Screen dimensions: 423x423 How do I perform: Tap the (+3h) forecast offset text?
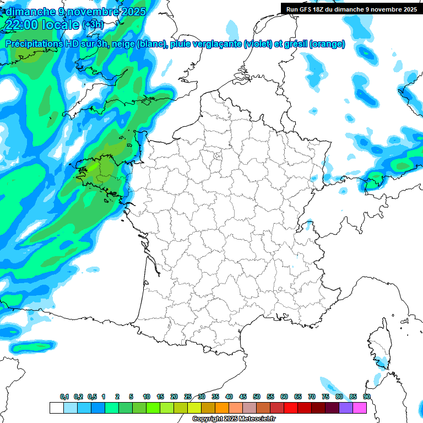93,25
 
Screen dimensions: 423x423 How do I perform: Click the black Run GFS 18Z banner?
350,9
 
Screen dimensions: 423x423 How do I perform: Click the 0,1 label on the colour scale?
64,397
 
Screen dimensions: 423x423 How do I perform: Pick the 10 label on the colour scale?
147,397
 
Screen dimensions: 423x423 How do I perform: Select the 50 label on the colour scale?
257,397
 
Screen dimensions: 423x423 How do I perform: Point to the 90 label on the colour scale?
366,397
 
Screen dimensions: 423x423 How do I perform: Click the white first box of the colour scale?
56,408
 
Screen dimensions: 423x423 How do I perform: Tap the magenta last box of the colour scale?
360,408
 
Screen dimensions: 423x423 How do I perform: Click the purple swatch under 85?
346,408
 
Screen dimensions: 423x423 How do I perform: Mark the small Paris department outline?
217,156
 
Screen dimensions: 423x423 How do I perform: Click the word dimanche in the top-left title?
31,11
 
